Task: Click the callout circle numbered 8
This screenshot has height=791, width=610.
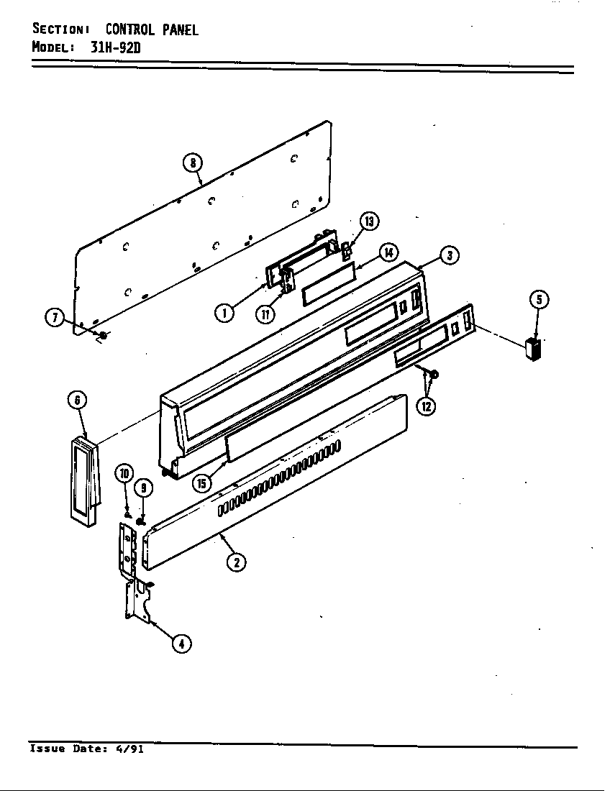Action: [193, 163]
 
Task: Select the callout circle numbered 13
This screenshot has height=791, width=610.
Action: [369, 221]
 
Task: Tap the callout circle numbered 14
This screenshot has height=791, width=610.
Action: [388, 252]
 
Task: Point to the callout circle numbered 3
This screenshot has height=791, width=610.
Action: [450, 255]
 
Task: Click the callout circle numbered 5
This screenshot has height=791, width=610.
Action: [539, 300]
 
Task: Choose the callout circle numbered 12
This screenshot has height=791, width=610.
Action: [426, 406]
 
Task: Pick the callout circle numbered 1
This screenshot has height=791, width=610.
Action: [224, 313]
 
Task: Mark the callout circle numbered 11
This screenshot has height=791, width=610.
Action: [265, 314]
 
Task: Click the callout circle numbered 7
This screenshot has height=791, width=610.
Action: [55, 318]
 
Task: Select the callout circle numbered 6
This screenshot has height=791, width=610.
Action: [77, 400]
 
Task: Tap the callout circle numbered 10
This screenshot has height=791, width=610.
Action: [124, 472]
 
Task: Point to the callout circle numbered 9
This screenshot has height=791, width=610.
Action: [144, 488]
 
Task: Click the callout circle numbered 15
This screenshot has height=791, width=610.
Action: [202, 483]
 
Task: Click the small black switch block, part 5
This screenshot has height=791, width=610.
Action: [533, 349]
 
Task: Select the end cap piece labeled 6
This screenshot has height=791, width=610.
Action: [83, 482]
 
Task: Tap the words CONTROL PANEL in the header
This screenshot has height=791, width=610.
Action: [151, 29]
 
